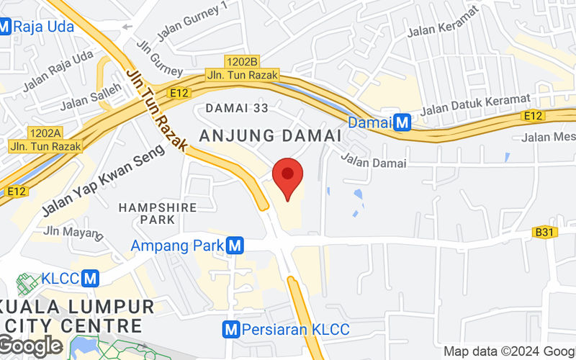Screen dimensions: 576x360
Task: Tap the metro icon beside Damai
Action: pos(403,122)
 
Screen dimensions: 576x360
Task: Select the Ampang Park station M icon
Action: pos(233,246)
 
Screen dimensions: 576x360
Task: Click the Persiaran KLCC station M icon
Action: pos(231,330)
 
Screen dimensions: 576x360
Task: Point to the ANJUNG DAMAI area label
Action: pos(270,135)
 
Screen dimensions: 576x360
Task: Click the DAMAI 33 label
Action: pos(237,108)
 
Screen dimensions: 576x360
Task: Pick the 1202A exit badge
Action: pos(46,132)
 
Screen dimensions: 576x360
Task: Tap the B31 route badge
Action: pos(544,232)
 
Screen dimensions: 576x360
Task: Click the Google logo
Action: pos(30,346)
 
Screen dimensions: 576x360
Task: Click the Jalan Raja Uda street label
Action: pos(58,71)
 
